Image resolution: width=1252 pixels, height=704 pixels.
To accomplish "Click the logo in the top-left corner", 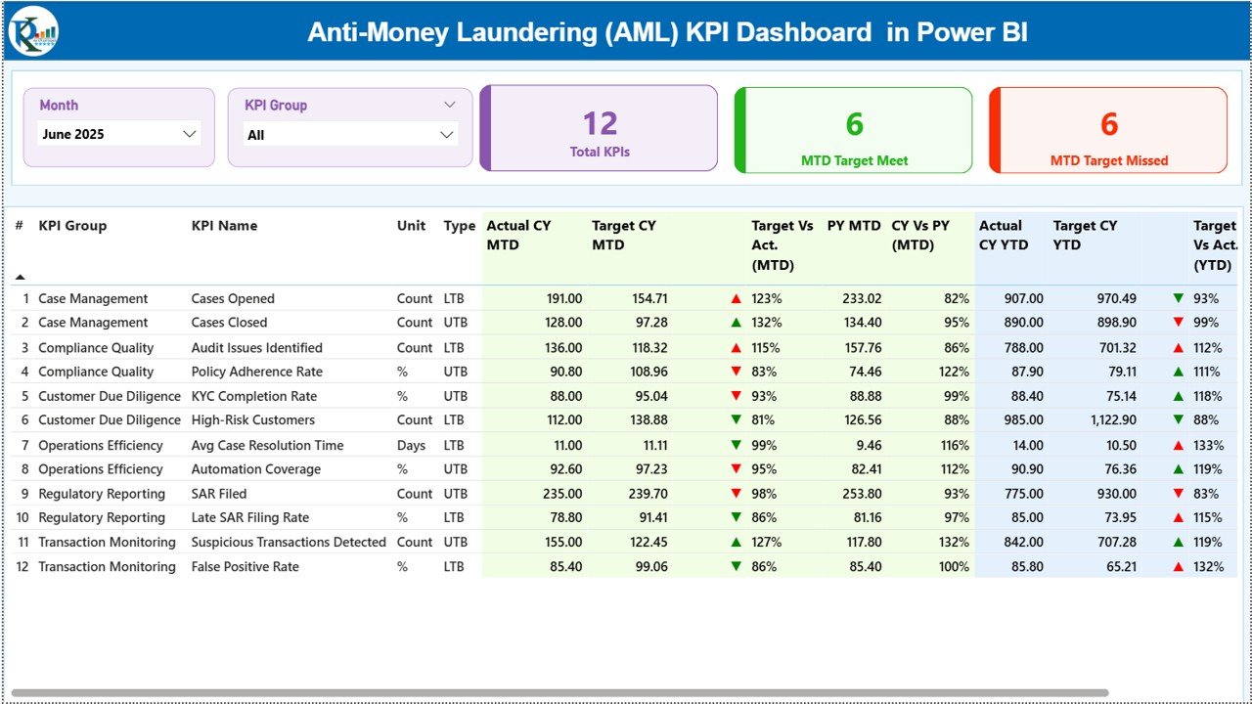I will pos(33,31).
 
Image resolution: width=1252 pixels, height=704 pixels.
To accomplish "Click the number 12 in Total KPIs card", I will pos(600,123).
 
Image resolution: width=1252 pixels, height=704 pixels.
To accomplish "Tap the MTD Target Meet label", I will pos(854,160).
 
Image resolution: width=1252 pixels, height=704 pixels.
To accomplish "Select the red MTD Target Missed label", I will pos(1108,160).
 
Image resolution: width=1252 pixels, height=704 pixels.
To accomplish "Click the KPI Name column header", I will pos(224,226).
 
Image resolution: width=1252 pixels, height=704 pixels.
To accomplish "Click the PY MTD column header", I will pos(853,226).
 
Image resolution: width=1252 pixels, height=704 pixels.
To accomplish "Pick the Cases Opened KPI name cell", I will pos(233,298).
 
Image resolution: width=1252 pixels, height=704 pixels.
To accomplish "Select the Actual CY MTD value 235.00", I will pos(561,494).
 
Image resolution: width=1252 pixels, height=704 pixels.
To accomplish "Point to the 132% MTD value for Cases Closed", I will pos(767,323).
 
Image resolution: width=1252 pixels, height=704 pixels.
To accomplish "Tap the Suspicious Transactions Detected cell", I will pos(289,542).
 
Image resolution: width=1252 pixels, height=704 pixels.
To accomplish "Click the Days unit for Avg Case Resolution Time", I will pos(411,445).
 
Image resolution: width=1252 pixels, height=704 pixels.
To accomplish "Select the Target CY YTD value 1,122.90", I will pos(1109,420).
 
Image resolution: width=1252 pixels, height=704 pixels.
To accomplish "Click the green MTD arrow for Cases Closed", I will pos(736,323).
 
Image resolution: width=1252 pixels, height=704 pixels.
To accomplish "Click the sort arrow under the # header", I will pos(21,277).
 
